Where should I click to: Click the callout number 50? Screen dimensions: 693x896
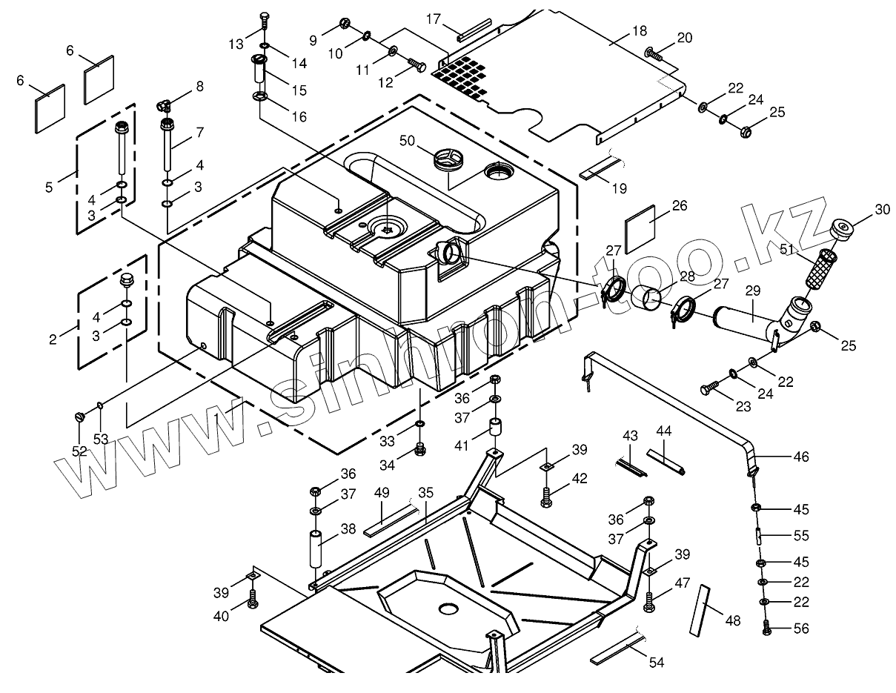point(408,140)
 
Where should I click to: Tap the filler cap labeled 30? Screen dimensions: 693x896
point(843,228)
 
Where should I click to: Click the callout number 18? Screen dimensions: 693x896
point(640,31)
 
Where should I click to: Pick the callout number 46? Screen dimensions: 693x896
point(801,457)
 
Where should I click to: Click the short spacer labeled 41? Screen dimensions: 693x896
point(494,430)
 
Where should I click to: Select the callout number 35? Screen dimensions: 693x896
point(425,491)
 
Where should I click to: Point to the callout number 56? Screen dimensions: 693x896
point(801,629)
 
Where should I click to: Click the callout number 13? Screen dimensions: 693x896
point(236,44)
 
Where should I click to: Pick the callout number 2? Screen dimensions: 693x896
point(53,339)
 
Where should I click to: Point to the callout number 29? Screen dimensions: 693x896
point(753,293)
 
